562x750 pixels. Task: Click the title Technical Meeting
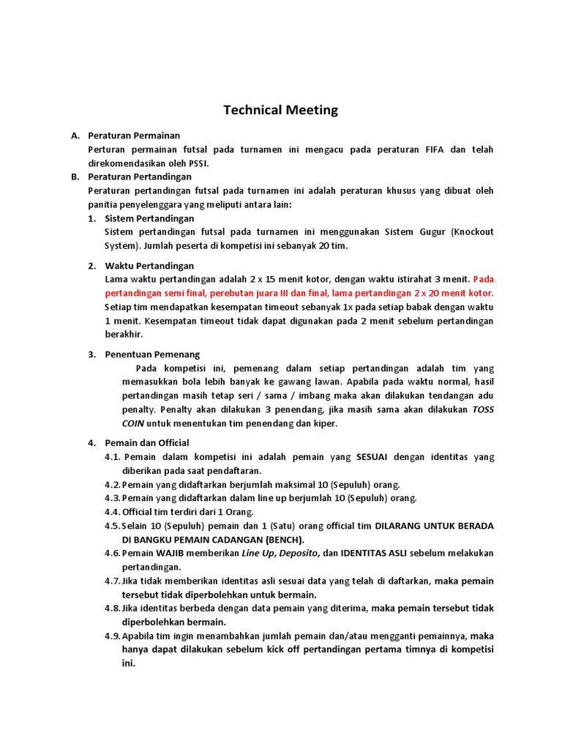[x=280, y=110]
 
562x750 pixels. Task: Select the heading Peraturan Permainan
[x=134, y=135]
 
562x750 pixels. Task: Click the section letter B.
[x=74, y=177]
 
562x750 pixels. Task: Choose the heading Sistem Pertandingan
[x=150, y=218]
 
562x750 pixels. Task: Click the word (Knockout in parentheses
[x=473, y=231]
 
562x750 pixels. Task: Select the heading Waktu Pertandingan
[x=150, y=265]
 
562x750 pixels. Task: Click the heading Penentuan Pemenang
[x=152, y=354]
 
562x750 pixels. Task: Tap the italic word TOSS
[x=483, y=409]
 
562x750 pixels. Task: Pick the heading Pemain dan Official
[x=147, y=442]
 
